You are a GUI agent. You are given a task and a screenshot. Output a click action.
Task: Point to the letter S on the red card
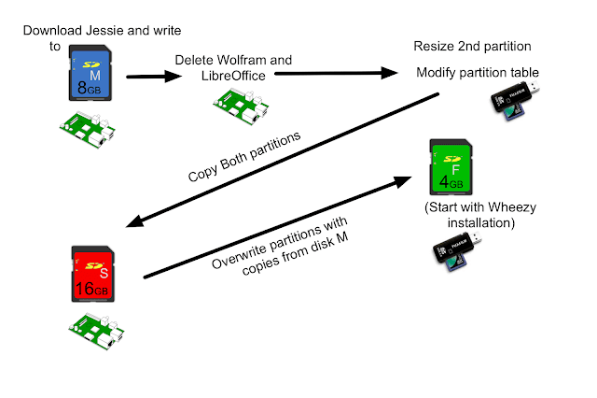[100, 272]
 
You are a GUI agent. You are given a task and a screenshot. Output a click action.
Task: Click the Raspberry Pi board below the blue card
[89, 130]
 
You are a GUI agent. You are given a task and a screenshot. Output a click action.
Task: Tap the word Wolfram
[245, 60]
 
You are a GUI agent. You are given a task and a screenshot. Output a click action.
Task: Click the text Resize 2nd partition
[472, 46]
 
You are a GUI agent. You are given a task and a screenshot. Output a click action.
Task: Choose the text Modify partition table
[477, 72]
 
